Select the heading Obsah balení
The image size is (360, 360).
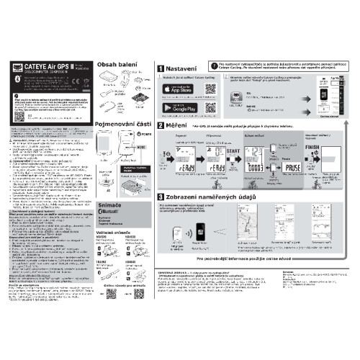point(117,65)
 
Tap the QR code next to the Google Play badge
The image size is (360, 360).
point(210,108)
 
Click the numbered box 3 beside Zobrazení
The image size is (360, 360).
point(162,197)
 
